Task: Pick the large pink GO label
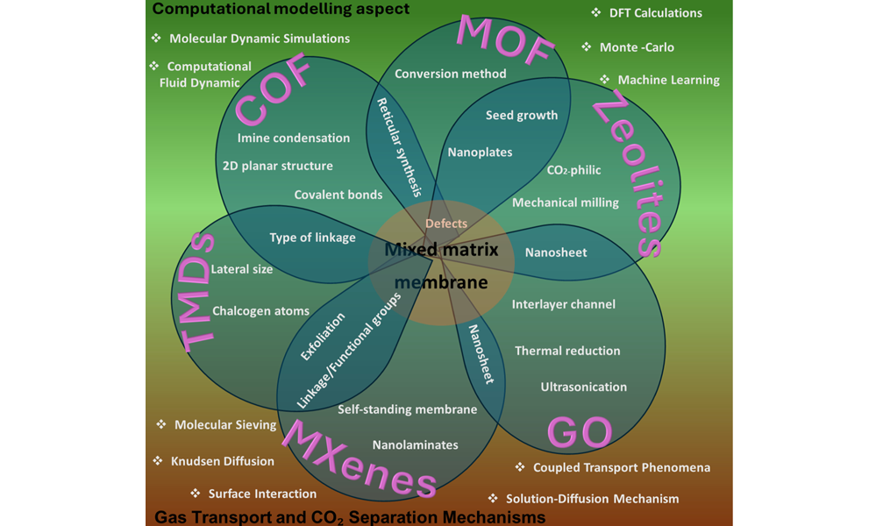(x=579, y=432)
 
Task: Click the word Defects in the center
(x=446, y=224)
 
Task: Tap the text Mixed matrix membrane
(x=441, y=266)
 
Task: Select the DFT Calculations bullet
(x=656, y=13)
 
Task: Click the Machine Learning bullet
(x=668, y=80)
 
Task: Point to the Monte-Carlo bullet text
(x=637, y=47)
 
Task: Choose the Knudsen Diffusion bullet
(x=222, y=461)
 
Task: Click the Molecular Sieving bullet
(x=224, y=425)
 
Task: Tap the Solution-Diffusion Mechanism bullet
(x=592, y=499)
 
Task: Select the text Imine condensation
(x=294, y=138)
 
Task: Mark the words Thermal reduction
(x=567, y=351)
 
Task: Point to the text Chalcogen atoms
(x=260, y=311)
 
